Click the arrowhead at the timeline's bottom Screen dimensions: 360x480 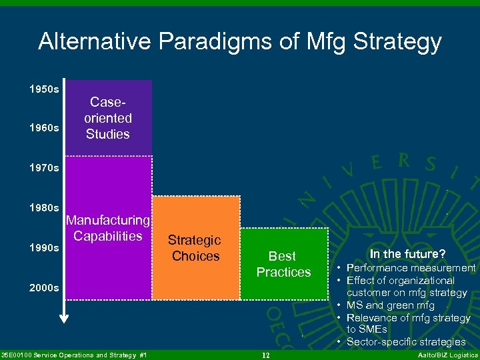64,317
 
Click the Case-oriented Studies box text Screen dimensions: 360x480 108,118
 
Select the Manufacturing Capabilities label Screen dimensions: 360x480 108,228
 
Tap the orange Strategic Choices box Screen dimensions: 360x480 195,248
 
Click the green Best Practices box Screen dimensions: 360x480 284,264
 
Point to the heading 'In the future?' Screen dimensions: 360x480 407,253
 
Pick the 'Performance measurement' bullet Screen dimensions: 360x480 410,268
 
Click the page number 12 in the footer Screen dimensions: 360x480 265,355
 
